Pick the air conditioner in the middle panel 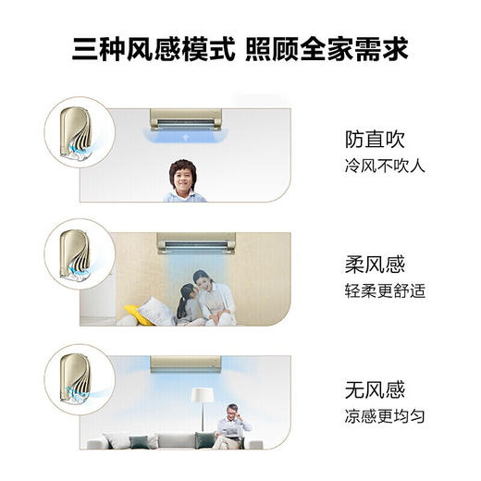196,242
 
